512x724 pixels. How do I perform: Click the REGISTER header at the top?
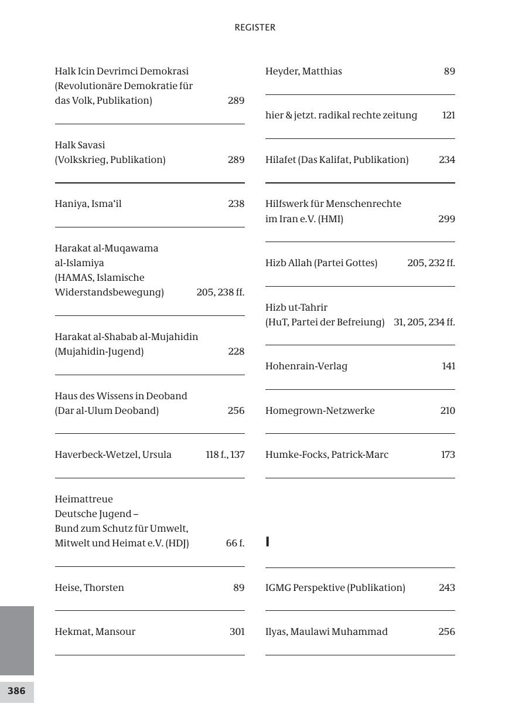255,28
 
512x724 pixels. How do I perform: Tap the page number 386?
16,691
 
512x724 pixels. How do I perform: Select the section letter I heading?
268,542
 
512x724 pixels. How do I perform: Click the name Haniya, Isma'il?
88,204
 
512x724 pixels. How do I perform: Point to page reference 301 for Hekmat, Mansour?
237,631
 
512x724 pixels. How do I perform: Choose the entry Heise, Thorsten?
89,587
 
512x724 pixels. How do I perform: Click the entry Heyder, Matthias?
303,72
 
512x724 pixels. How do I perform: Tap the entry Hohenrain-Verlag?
306,366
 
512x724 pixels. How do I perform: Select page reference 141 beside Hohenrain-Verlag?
448,366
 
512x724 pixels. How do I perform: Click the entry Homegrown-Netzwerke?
320,410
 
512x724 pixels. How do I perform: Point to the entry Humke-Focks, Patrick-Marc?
327,455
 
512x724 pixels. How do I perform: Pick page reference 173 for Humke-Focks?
448,455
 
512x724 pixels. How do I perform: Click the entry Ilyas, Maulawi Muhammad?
326,631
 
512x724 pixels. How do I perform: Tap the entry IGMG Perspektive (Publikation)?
335,587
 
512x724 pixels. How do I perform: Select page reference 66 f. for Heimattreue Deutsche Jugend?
235,543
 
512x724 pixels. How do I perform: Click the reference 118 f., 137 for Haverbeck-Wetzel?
225,455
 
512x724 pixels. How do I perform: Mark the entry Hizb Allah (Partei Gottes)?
321,263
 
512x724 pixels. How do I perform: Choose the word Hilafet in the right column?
281,160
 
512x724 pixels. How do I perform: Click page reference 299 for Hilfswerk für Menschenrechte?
446,219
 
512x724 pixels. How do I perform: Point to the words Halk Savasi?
80,145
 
